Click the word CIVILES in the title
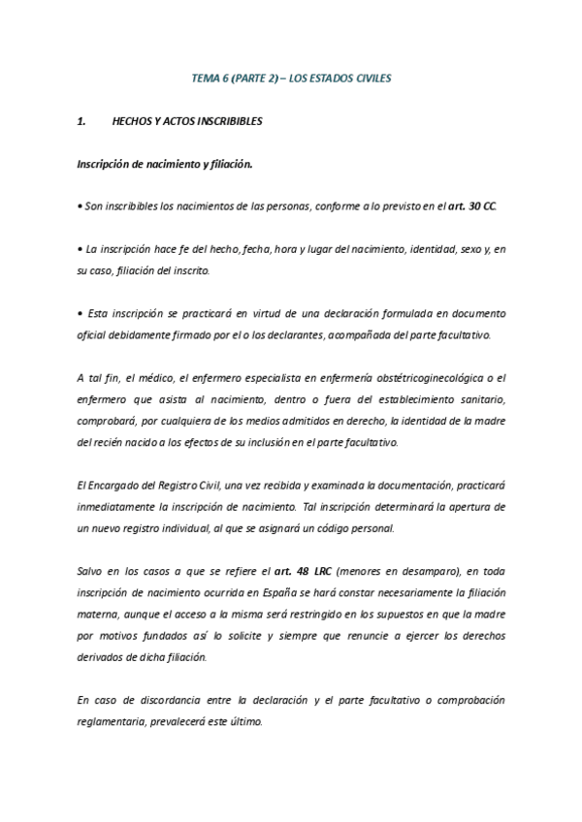(372, 77)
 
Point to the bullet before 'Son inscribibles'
(79, 207)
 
